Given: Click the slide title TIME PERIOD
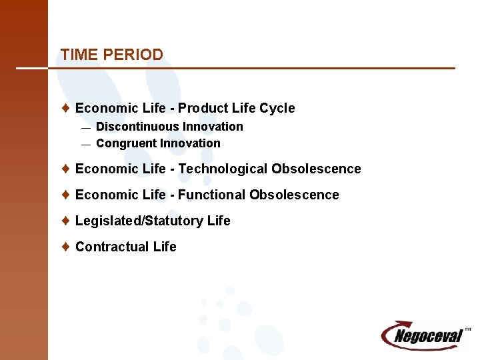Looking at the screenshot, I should click(111, 55).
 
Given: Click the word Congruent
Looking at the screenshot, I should click(126, 143).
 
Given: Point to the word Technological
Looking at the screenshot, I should click(223, 169).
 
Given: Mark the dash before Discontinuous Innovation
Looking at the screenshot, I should click(85, 127).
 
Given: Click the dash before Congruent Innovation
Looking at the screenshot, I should click(85, 144).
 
